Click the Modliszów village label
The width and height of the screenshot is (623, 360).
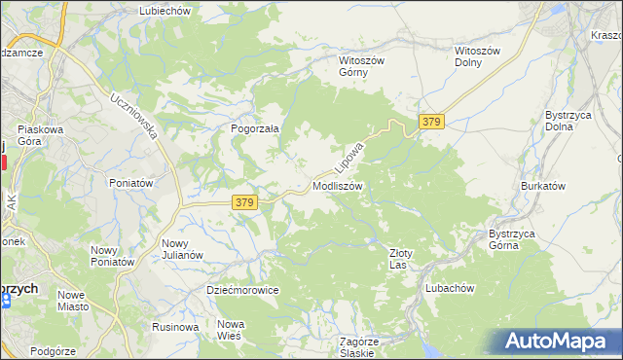tap(338, 185)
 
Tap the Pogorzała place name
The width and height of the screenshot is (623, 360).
tap(255, 127)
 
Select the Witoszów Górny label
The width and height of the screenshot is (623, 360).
tap(362, 66)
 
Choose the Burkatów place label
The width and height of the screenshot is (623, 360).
tap(543, 185)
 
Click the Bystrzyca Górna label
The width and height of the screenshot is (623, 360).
tap(516, 239)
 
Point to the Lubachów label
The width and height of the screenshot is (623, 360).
tap(449, 288)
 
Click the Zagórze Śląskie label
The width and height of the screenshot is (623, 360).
tap(358, 346)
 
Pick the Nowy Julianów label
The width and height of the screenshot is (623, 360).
tap(182, 249)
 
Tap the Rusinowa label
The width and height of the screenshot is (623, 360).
tap(175, 327)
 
